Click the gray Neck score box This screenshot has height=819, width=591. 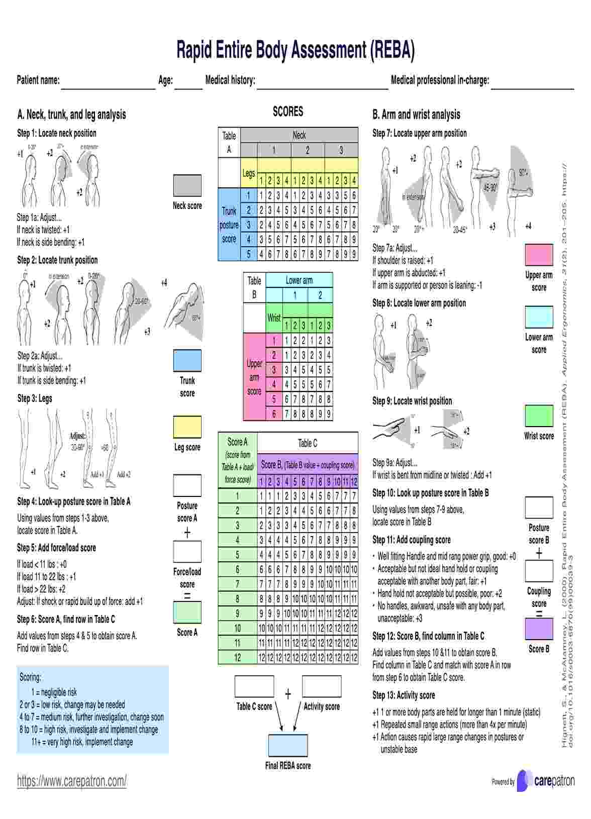[x=187, y=185]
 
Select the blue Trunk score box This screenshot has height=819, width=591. [x=187, y=361]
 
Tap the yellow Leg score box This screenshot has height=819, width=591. [x=187, y=427]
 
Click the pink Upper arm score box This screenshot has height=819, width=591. [x=539, y=255]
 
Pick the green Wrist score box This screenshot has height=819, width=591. [x=539, y=416]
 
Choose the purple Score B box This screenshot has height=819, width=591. [x=539, y=629]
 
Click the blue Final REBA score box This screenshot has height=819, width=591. [x=287, y=745]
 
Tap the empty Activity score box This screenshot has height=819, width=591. [x=322, y=686]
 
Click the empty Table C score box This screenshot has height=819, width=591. [x=254, y=686]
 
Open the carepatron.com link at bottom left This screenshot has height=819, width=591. [x=72, y=781]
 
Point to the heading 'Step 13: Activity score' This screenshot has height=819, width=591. [x=404, y=695]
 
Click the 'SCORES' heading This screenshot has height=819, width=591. [x=288, y=112]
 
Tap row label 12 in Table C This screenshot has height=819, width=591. [x=238, y=657]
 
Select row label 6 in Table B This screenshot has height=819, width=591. [x=274, y=414]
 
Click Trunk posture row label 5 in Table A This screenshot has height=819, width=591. [x=248, y=254]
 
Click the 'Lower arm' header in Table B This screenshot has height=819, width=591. [x=299, y=280]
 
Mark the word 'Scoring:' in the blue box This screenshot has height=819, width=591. [x=31, y=677]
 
